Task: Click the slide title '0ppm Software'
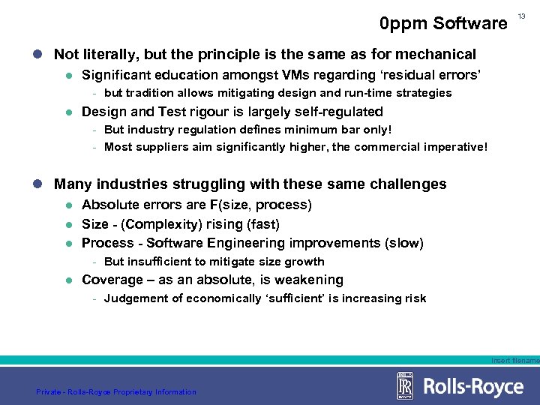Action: click(x=443, y=24)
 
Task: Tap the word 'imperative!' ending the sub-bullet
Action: click(x=454, y=147)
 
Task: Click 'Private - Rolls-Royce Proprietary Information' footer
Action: click(x=116, y=391)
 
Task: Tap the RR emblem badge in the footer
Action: click(x=405, y=386)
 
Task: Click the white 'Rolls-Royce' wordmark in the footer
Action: click(x=473, y=387)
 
